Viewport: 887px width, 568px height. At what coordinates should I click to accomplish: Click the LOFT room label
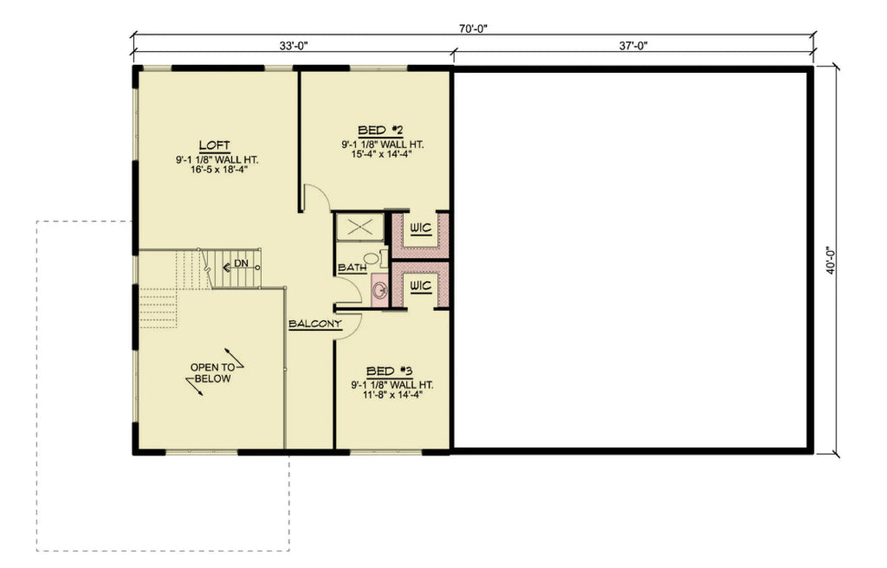pos(214,145)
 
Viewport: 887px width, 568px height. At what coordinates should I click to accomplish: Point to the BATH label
pos(352,268)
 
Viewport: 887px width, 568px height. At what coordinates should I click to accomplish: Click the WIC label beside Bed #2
pos(421,229)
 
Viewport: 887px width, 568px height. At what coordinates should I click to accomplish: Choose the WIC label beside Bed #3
pos(421,285)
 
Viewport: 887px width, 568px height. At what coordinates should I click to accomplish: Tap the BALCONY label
pos(315,324)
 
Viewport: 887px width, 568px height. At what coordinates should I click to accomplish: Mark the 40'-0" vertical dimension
pos(831,259)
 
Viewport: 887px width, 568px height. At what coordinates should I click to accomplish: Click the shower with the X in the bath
pos(359,228)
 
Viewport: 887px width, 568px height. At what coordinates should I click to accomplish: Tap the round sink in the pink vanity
pos(379,290)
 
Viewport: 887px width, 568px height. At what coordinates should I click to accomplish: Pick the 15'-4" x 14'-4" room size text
pos(381,156)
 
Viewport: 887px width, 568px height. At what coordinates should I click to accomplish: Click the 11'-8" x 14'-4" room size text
pos(392,396)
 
